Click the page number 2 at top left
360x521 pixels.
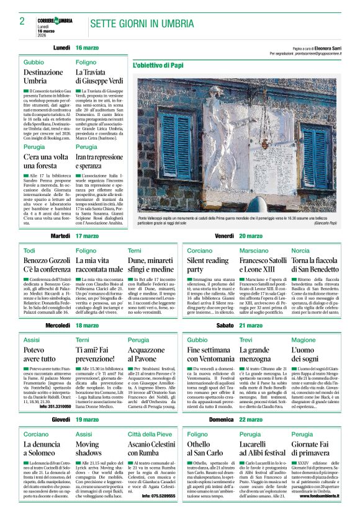[x=22, y=21]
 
